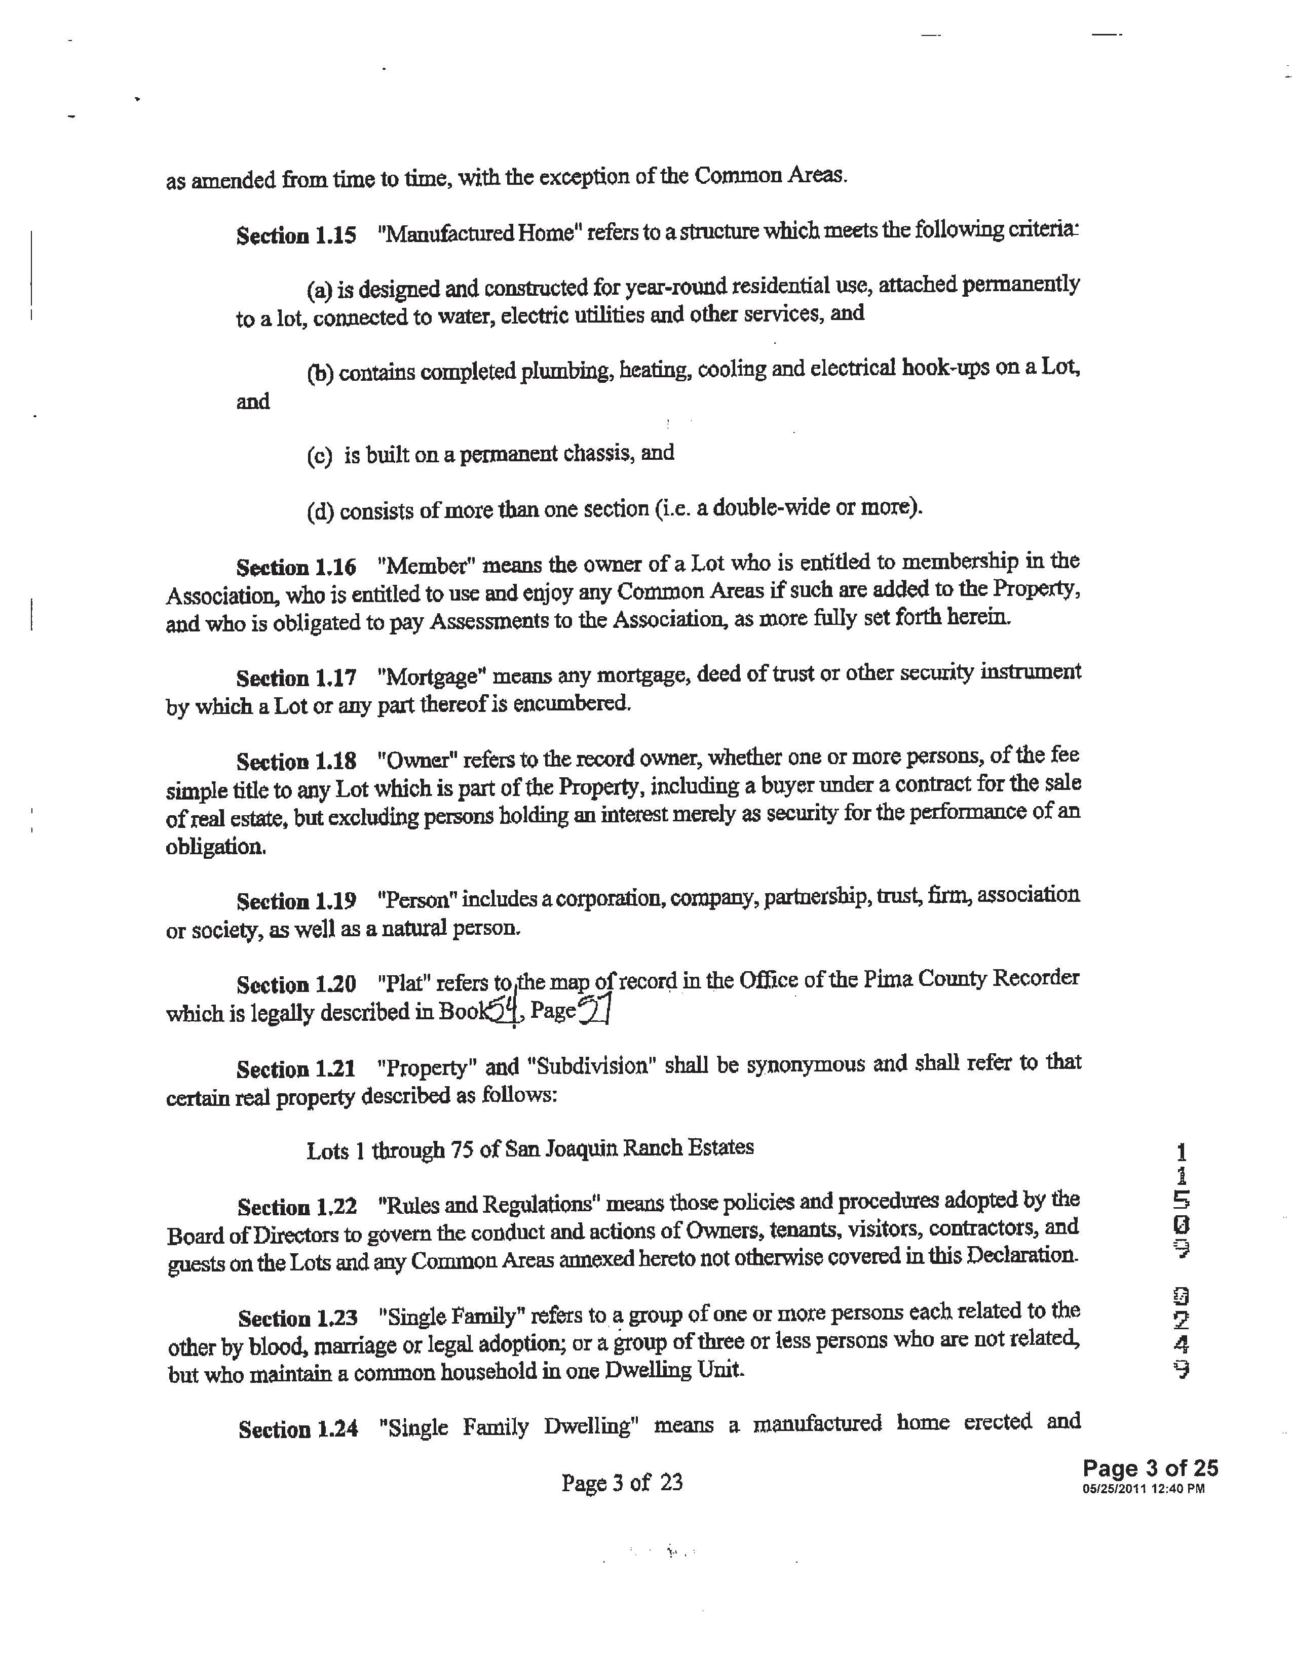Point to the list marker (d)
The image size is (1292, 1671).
(320, 511)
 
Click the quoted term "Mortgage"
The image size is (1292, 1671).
(433, 677)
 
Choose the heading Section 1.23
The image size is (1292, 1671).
(298, 1318)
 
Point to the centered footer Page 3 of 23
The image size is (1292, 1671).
(622, 1483)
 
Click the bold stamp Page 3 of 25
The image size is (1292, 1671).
(1150, 1468)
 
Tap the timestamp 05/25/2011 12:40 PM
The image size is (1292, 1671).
(1144, 1489)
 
